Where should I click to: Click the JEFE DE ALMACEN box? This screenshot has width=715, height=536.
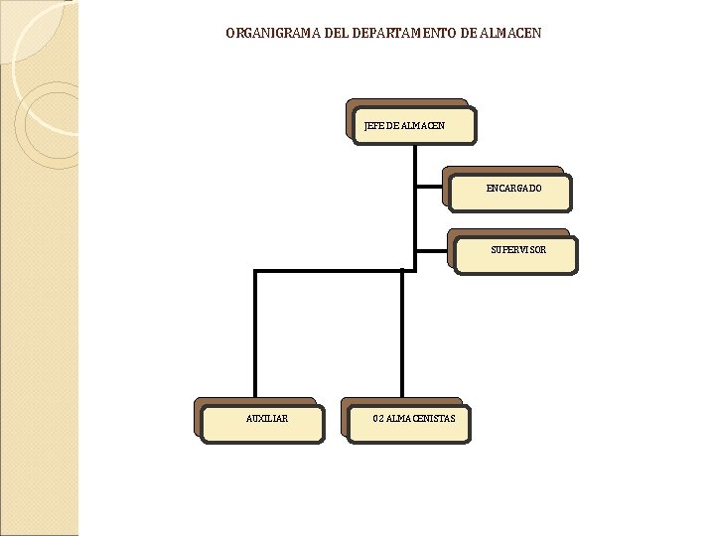415,125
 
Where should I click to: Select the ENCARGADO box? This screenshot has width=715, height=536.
510,193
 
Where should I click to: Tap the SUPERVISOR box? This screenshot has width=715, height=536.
515,254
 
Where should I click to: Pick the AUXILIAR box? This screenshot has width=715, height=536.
262,423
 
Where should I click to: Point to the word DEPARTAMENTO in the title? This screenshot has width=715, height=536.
403,34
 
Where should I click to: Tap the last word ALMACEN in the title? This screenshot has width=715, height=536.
510,34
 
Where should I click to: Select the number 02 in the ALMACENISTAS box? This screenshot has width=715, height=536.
378,419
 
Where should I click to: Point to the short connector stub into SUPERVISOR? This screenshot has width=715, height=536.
433,248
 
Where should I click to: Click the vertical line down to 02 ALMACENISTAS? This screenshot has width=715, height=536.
402,337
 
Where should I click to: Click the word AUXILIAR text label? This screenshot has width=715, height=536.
267,419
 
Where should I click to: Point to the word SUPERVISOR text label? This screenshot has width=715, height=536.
518,250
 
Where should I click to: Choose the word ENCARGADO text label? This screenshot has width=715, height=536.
514,189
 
